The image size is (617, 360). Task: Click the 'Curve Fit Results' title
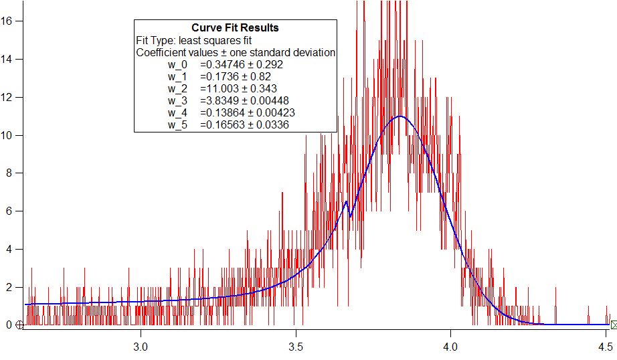[x=235, y=28]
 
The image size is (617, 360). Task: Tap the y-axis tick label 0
[x=10, y=325]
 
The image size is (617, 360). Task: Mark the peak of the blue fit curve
[x=400, y=116]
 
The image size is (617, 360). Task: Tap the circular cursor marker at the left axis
[x=19, y=325]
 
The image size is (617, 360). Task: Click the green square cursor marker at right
[x=614, y=325]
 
